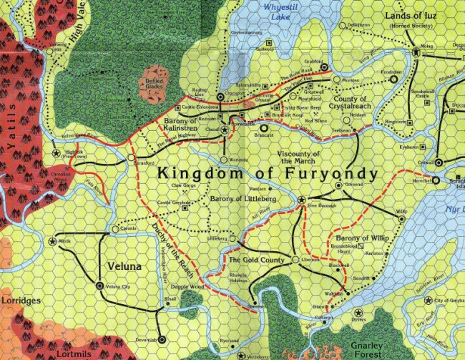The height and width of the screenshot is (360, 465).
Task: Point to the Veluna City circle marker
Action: [x=99, y=286]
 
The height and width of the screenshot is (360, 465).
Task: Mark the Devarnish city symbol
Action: [x=162, y=339]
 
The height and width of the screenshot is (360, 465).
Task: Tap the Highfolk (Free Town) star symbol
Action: [x=55, y=153]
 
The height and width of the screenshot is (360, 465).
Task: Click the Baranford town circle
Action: [x=132, y=155]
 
